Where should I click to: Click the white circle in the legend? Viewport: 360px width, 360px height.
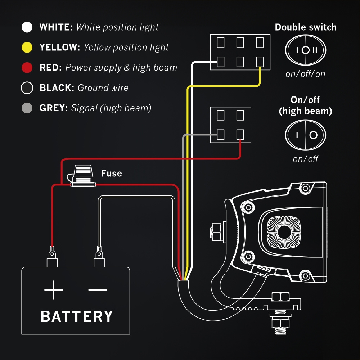pyautogui.click(x=27, y=27)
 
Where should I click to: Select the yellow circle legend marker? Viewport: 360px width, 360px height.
pyautogui.click(x=27, y=48)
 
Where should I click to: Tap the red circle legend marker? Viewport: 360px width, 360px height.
pyautogui.click(x=27, y=68)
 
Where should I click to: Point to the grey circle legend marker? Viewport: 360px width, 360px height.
pyautogui.click(x=27, y=108)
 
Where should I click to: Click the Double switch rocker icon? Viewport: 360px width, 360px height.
pyautogui.click(x=305, y=50)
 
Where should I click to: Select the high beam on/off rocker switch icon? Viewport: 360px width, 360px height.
pyautogui.click(x=305, y=135)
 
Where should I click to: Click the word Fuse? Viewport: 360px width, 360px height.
pyautogui.click(x=112, y=174)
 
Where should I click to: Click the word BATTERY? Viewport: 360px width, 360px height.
pyautogui.click(x=77, y=316)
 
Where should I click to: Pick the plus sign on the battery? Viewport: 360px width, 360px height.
pyautogui.click(x=54, y=290)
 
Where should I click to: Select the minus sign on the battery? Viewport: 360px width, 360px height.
pyautogui.click(x=98, y=290)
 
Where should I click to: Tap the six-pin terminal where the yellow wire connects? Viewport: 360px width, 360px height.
pyautogui.click(x=260, y=62)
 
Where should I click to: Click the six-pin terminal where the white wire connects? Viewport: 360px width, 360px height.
pyautogui.click(x=221, y=62)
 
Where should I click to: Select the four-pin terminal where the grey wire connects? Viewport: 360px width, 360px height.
pyautogui.click(x=221, y=135)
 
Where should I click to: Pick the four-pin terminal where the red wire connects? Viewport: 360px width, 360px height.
pyautogui.click(x=240, y=135)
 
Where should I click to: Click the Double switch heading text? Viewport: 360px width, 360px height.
pyautogui.click(x=305, y=27)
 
